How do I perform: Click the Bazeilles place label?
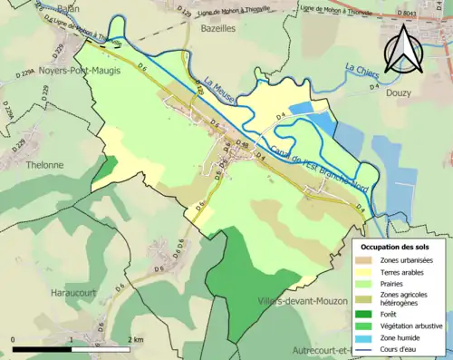tap(217, 30)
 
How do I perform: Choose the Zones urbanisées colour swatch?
tap(364, 261)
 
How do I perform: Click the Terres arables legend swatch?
tap(364, 273)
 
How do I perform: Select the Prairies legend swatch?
tap(364, 284)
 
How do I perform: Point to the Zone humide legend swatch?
tap(364, 337)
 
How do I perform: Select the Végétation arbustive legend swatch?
tap(364, 325)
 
